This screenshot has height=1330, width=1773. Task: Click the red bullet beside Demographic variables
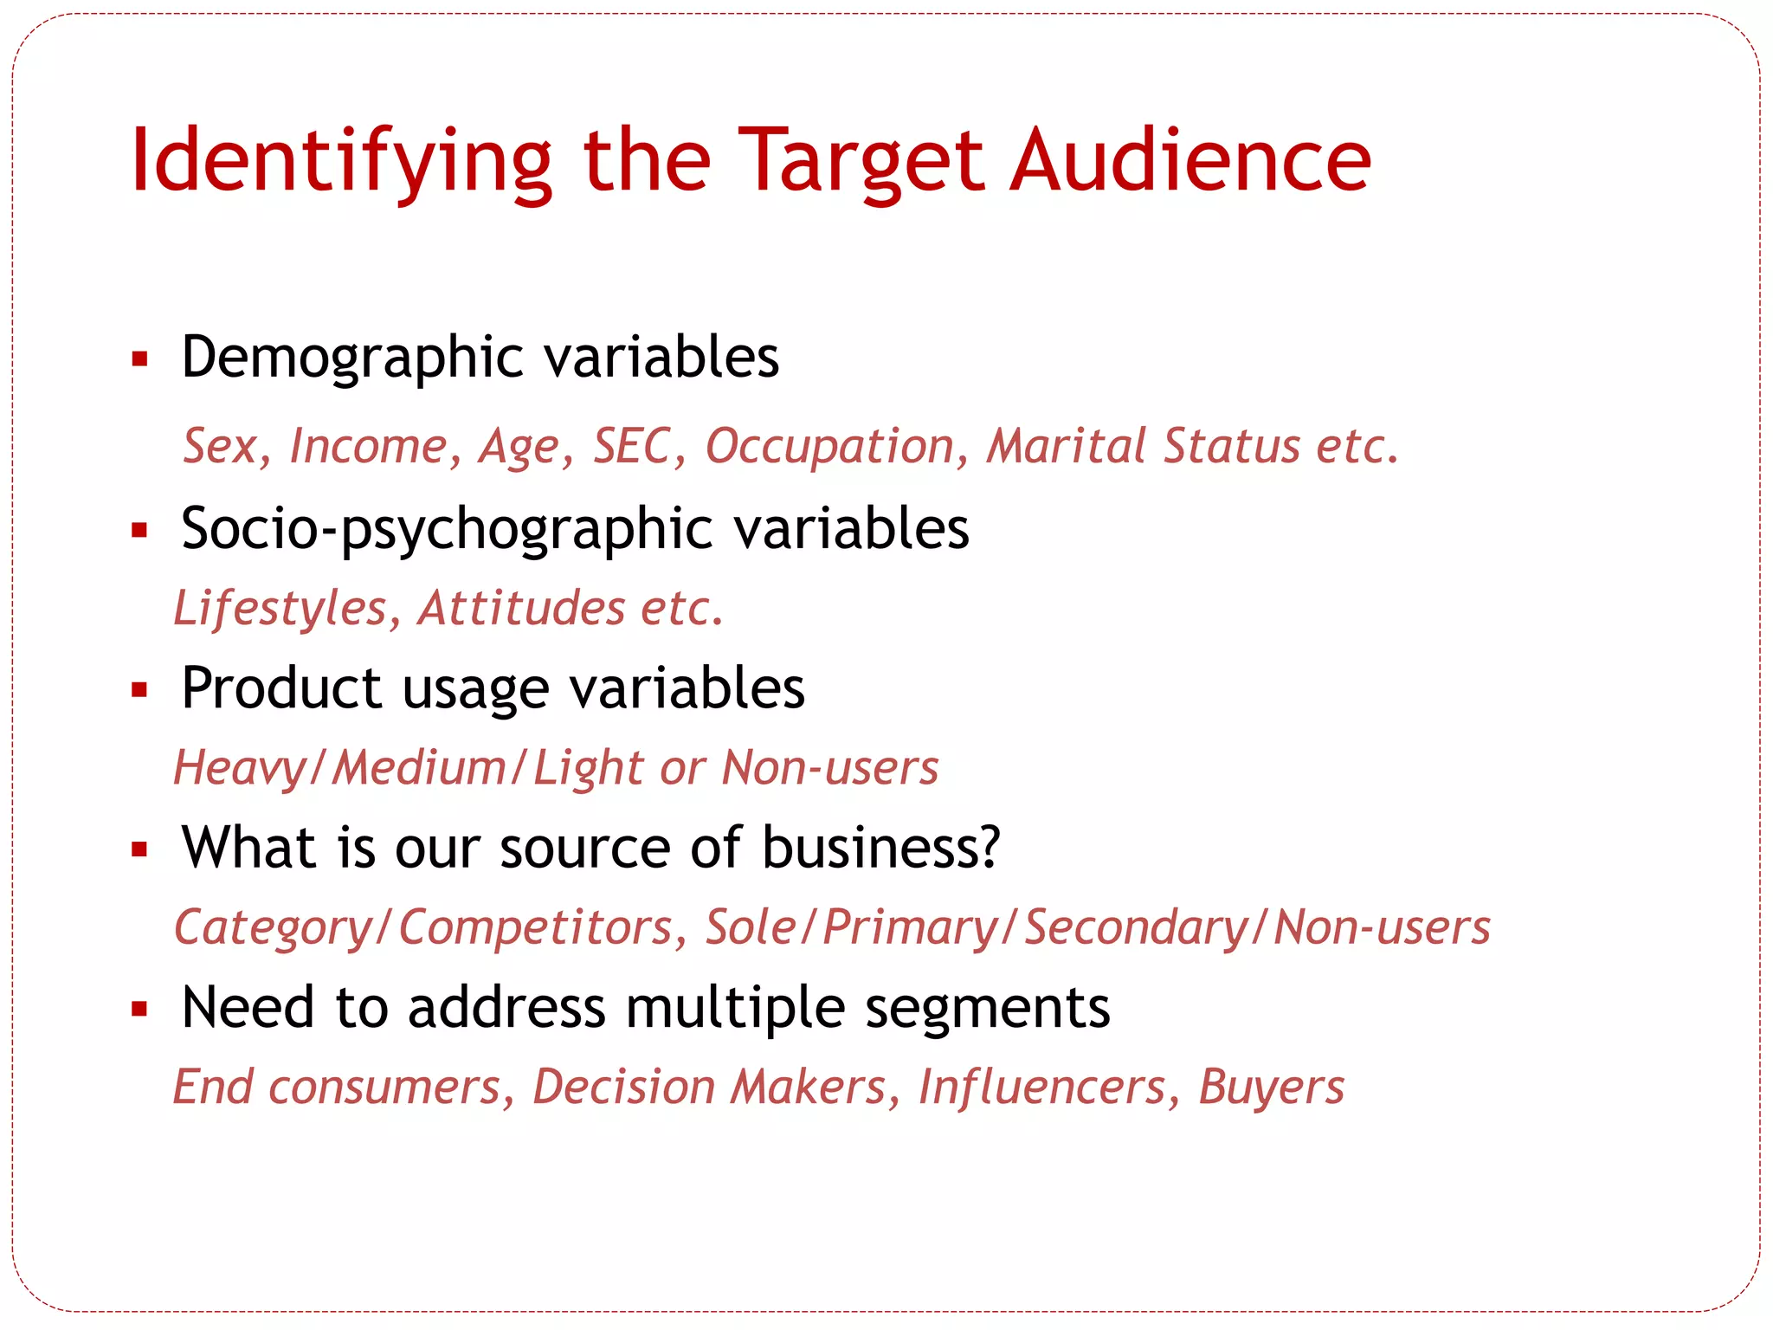pyautogui.click(x=140, y=358)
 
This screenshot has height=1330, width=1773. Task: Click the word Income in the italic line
pyautogui.click(x=369, y=447)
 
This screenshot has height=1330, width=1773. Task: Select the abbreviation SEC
pyautogui.click(x=632, y=447)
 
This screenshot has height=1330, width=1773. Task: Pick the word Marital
pyautogui.click(x=1066, y=447)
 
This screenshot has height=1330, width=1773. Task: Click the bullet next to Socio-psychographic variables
pyautogui.click(x=140, y=530)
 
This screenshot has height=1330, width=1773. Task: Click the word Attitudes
pyautogui.click(x=521, y=609)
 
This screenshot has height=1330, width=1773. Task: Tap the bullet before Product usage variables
pyautogui.click(x=140, y=690)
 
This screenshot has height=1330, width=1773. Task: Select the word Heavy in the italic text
pyautogui.click(x=239, y=769)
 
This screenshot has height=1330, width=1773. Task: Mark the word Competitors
pyautogui.click(x=536, y=928)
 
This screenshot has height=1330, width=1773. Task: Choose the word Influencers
pyautogui.click(x=1041, y=1088)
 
